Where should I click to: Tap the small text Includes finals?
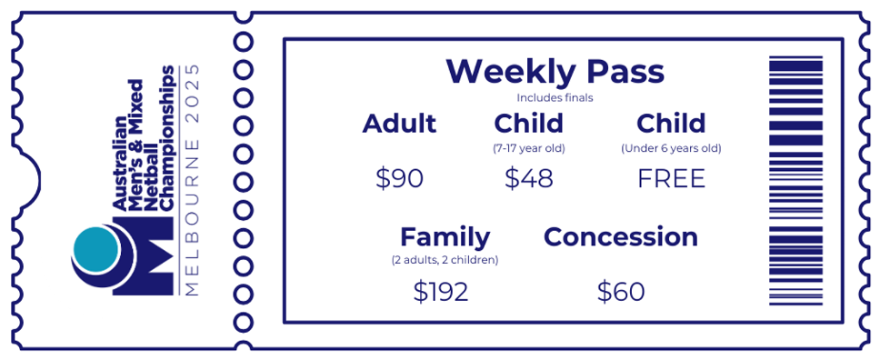(x=555, y=97)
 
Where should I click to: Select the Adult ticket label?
(x=399, y=124)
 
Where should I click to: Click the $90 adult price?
(x=399, y=178)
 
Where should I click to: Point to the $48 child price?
(x=529, y=178)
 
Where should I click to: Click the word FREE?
(x=671, y=178)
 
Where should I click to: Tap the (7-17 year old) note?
(x=529, y=149)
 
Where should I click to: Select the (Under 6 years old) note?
(x=671, y=149)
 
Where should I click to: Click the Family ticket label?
(x=445, y=237)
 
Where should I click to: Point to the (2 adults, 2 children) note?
(x=445, y=261)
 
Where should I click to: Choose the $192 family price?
(x=441, y=292)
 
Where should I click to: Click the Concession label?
(x=621, y=237)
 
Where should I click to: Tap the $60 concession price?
(x=621, y=292)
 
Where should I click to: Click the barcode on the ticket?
(x=795, y=181)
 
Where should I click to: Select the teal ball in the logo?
(x=96, y=247)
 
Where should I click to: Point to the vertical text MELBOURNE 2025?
(x=192, y=180)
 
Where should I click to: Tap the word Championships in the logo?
(x=167, y=138)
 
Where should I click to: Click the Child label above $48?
(x=529, y=124)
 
